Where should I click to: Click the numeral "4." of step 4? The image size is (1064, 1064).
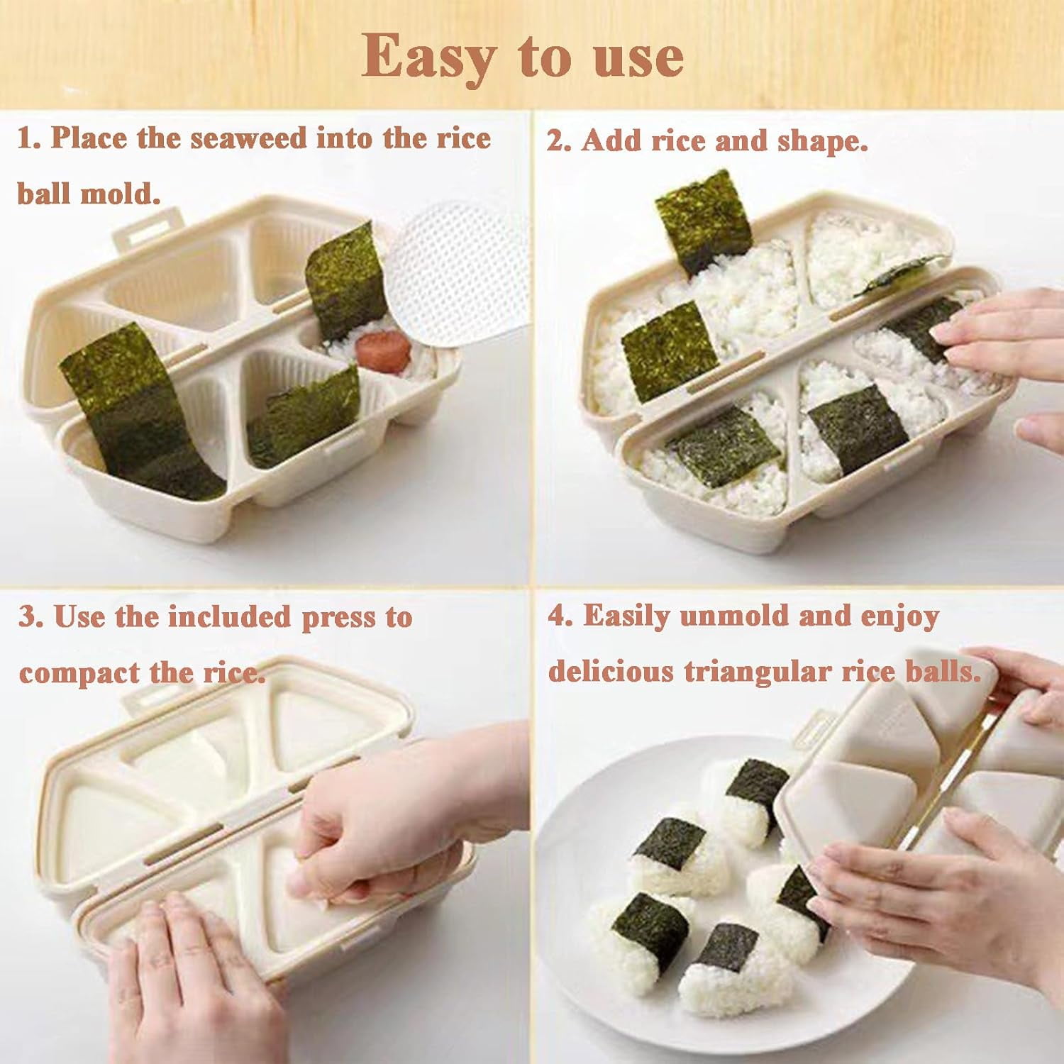coord(560,616)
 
